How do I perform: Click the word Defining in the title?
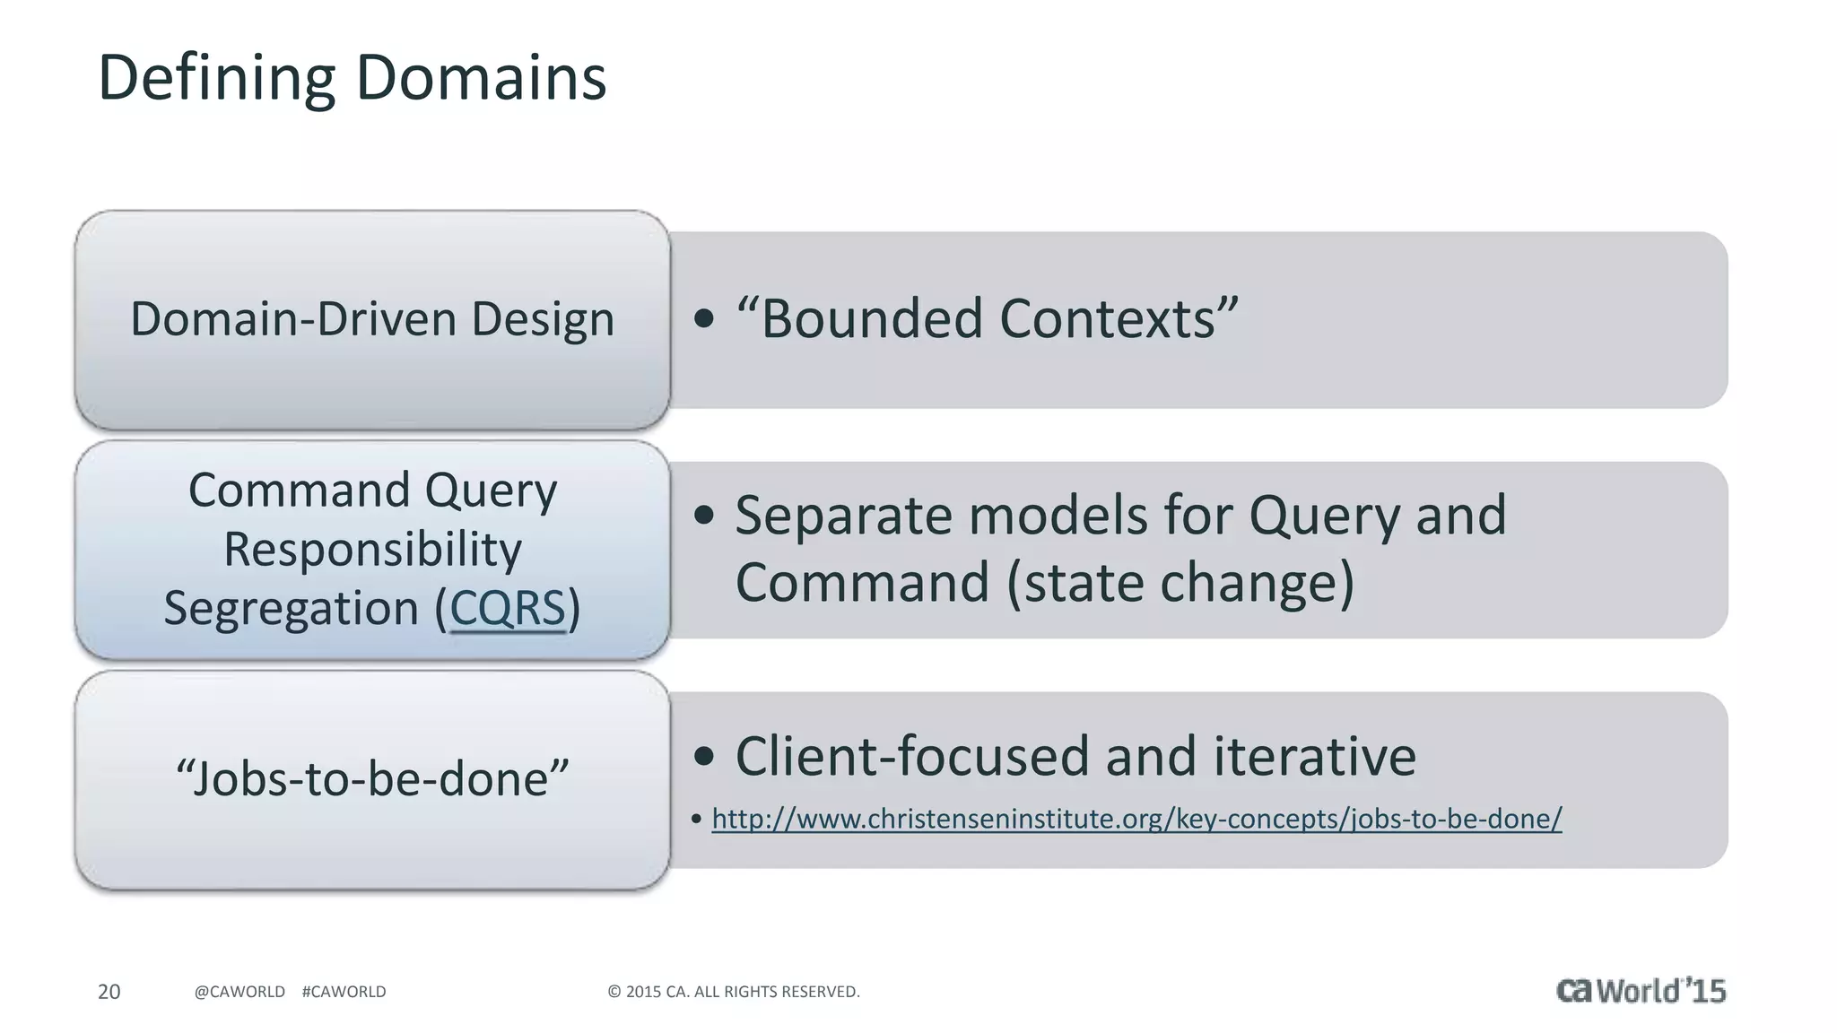(x=215, y=79)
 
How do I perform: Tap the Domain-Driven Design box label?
(x=372, y=319)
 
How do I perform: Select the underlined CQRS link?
(x=508, y=608)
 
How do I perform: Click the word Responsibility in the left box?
(x=372, y=549)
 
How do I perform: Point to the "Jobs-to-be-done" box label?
(x=372, y=777)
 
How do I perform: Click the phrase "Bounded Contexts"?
(x=987, y=318)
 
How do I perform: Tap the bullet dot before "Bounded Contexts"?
(x=704, y=318)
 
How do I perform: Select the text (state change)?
(x=1180, y=583)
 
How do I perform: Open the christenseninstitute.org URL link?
(x=1136, y=819)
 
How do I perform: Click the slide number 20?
(x=109, y=992)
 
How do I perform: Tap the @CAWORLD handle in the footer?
(x=239, y=992)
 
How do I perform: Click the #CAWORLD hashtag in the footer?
(x=344, y=992)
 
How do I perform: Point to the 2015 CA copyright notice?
(x=734, y=992)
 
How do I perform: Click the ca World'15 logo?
(x=1641, y=990)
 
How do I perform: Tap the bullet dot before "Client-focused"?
(x=704, y=756)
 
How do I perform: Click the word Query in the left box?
(x=491, y=490)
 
